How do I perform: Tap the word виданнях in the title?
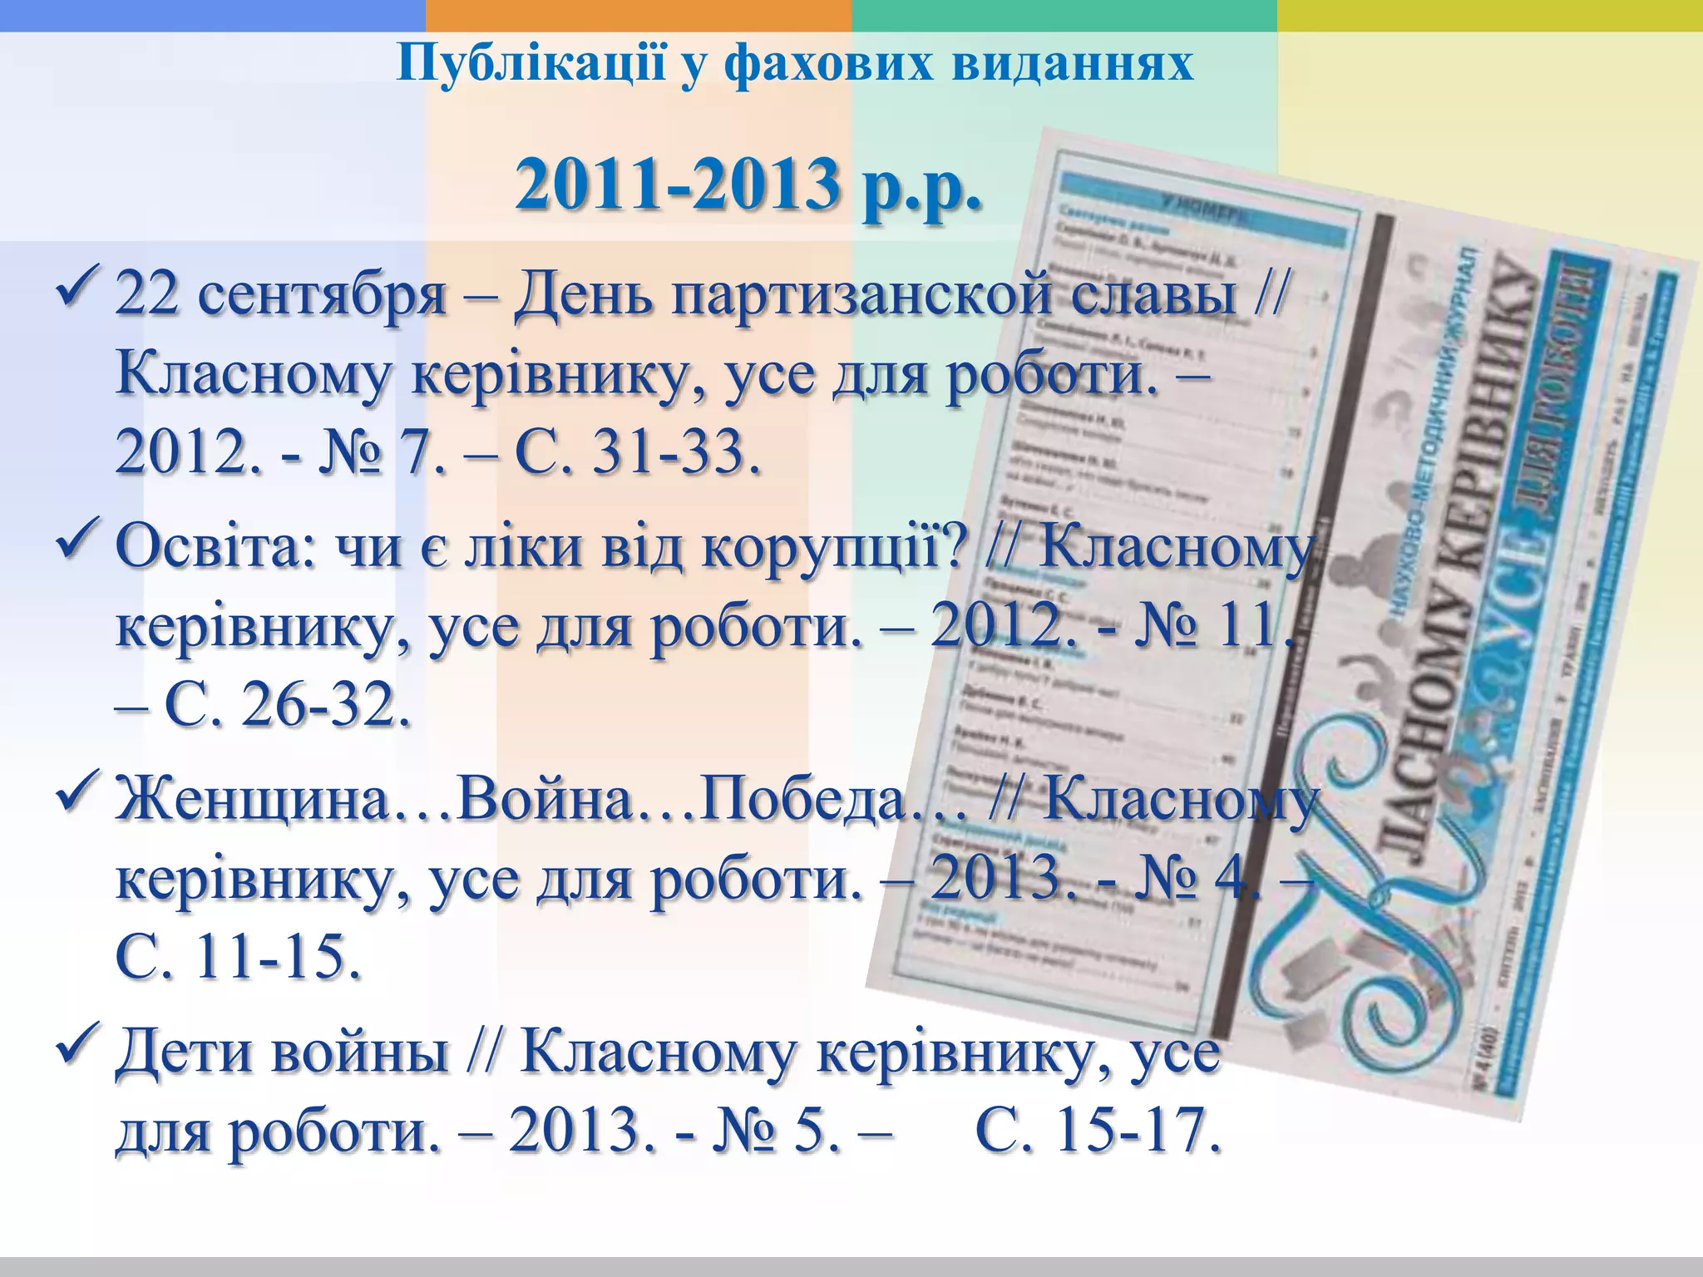click(1073, 63)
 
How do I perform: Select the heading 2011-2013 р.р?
click(748, 185)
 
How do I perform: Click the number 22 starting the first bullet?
click(146, 294)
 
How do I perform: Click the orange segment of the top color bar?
click(638, 15)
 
